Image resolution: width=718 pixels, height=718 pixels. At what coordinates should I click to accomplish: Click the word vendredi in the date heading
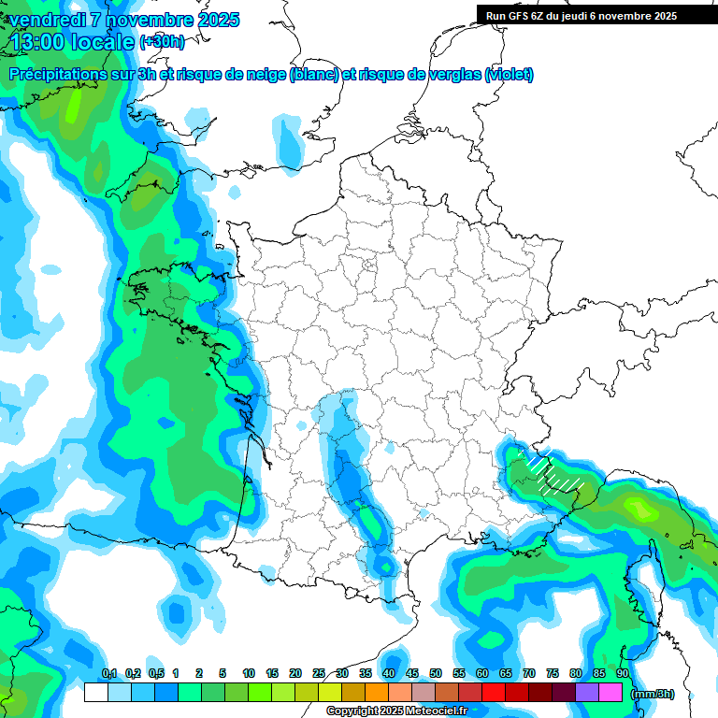(x=47, y=20)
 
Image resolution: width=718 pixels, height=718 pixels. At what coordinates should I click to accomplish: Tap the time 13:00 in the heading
(x=43, y=42)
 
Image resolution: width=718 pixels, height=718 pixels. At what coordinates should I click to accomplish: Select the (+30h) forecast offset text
(x=162, y=42)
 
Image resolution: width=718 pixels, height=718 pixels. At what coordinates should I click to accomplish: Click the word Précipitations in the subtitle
(x=65, y=75)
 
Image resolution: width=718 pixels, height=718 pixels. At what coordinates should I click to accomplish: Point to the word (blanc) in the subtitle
(x=313, y=75)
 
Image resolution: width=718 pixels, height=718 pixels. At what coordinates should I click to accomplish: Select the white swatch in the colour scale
(x=95, y=693)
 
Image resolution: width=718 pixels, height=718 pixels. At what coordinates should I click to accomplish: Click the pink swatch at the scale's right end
(x=610, y=693)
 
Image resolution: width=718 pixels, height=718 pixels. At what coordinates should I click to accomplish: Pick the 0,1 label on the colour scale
(x=108, y=674)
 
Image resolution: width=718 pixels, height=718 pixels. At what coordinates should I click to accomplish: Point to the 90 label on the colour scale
(x=622, y=674)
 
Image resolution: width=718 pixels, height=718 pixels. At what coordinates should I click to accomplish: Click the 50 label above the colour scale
(x=436, y=674)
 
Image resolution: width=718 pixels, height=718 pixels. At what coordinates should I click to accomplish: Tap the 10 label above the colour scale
(x=249, y=674)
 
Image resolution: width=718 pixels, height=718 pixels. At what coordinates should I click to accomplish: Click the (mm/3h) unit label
(x=653, y=694)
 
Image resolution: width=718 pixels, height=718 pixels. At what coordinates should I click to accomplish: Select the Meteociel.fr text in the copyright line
(x=437, y=711)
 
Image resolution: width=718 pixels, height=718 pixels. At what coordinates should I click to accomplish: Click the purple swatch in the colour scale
(x=587, y=693)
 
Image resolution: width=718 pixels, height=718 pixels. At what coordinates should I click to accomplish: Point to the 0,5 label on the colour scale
(x=155, y=674)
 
